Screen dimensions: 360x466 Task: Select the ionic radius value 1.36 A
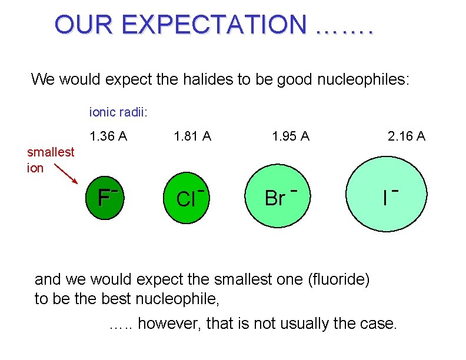coord(108,136)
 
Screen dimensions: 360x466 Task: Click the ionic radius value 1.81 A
coord(192,136)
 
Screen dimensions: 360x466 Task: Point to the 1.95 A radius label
coord(290,136)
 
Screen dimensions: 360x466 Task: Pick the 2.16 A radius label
coord(406,136)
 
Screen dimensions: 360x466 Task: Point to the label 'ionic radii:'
coord(118,111)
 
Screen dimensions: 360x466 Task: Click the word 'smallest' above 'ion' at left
coord(51,152)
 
